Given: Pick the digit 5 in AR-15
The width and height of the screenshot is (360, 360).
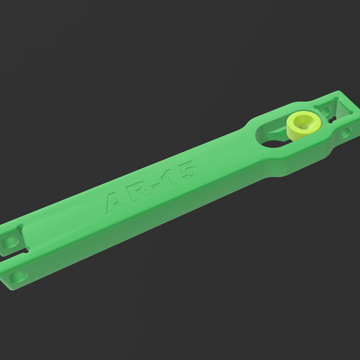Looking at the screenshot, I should click(186, 170).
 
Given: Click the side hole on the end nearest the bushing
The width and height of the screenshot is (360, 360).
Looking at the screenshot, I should click(347, 130).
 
